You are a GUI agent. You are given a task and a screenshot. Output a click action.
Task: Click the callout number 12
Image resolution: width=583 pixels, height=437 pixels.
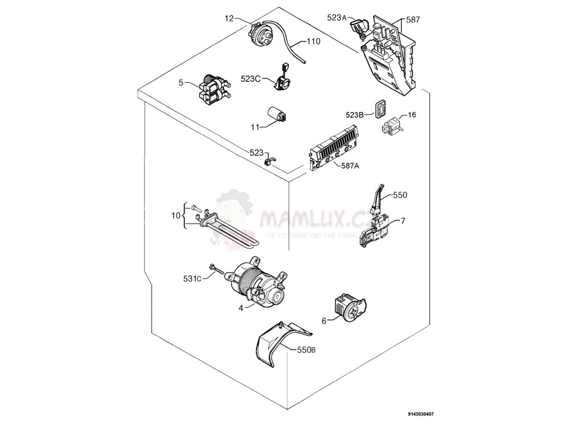[229, 19]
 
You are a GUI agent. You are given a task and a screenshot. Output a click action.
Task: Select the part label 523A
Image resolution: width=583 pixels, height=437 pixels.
[336, 18]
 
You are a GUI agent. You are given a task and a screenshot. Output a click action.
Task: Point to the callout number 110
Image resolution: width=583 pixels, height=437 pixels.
[314, 42]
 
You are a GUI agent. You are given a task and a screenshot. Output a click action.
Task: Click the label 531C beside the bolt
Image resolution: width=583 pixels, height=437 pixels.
[192, 278]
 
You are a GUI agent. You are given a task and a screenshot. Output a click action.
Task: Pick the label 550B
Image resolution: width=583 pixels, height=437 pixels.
[306, 350]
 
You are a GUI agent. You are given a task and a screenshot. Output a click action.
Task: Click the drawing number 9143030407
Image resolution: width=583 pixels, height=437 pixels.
[424, 415]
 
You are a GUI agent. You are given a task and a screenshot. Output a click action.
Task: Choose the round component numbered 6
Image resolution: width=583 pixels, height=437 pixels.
[351, 307]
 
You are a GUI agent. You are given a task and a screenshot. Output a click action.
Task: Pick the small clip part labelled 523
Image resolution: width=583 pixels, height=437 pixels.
[269, 160]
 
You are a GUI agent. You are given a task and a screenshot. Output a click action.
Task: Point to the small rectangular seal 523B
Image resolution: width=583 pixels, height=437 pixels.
[379, 107]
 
